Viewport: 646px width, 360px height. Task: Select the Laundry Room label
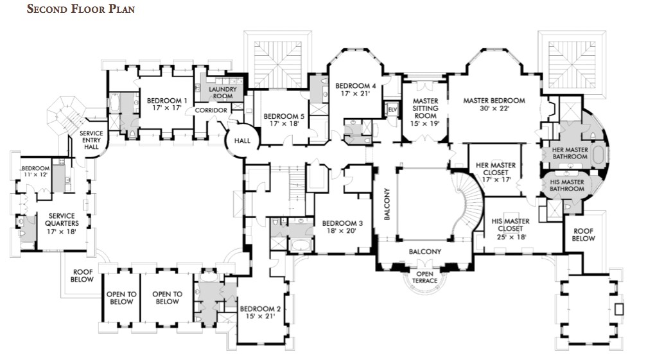point(222,92)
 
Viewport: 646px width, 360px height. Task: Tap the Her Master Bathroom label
point(570,153)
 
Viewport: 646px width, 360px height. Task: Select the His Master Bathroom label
point(567,185)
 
